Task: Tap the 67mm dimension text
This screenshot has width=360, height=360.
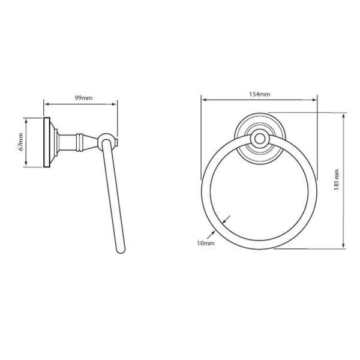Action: [21, 142]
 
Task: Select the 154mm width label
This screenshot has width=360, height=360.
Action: [259, 94]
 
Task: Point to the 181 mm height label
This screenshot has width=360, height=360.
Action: [336, 180]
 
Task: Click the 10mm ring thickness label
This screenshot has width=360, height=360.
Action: [206, 243]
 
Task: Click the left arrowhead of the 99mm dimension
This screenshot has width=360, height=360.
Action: [47, 104]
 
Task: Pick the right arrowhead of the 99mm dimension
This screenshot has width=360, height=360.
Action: [114, 104]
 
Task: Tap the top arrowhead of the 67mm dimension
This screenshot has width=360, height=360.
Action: [26, 121]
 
